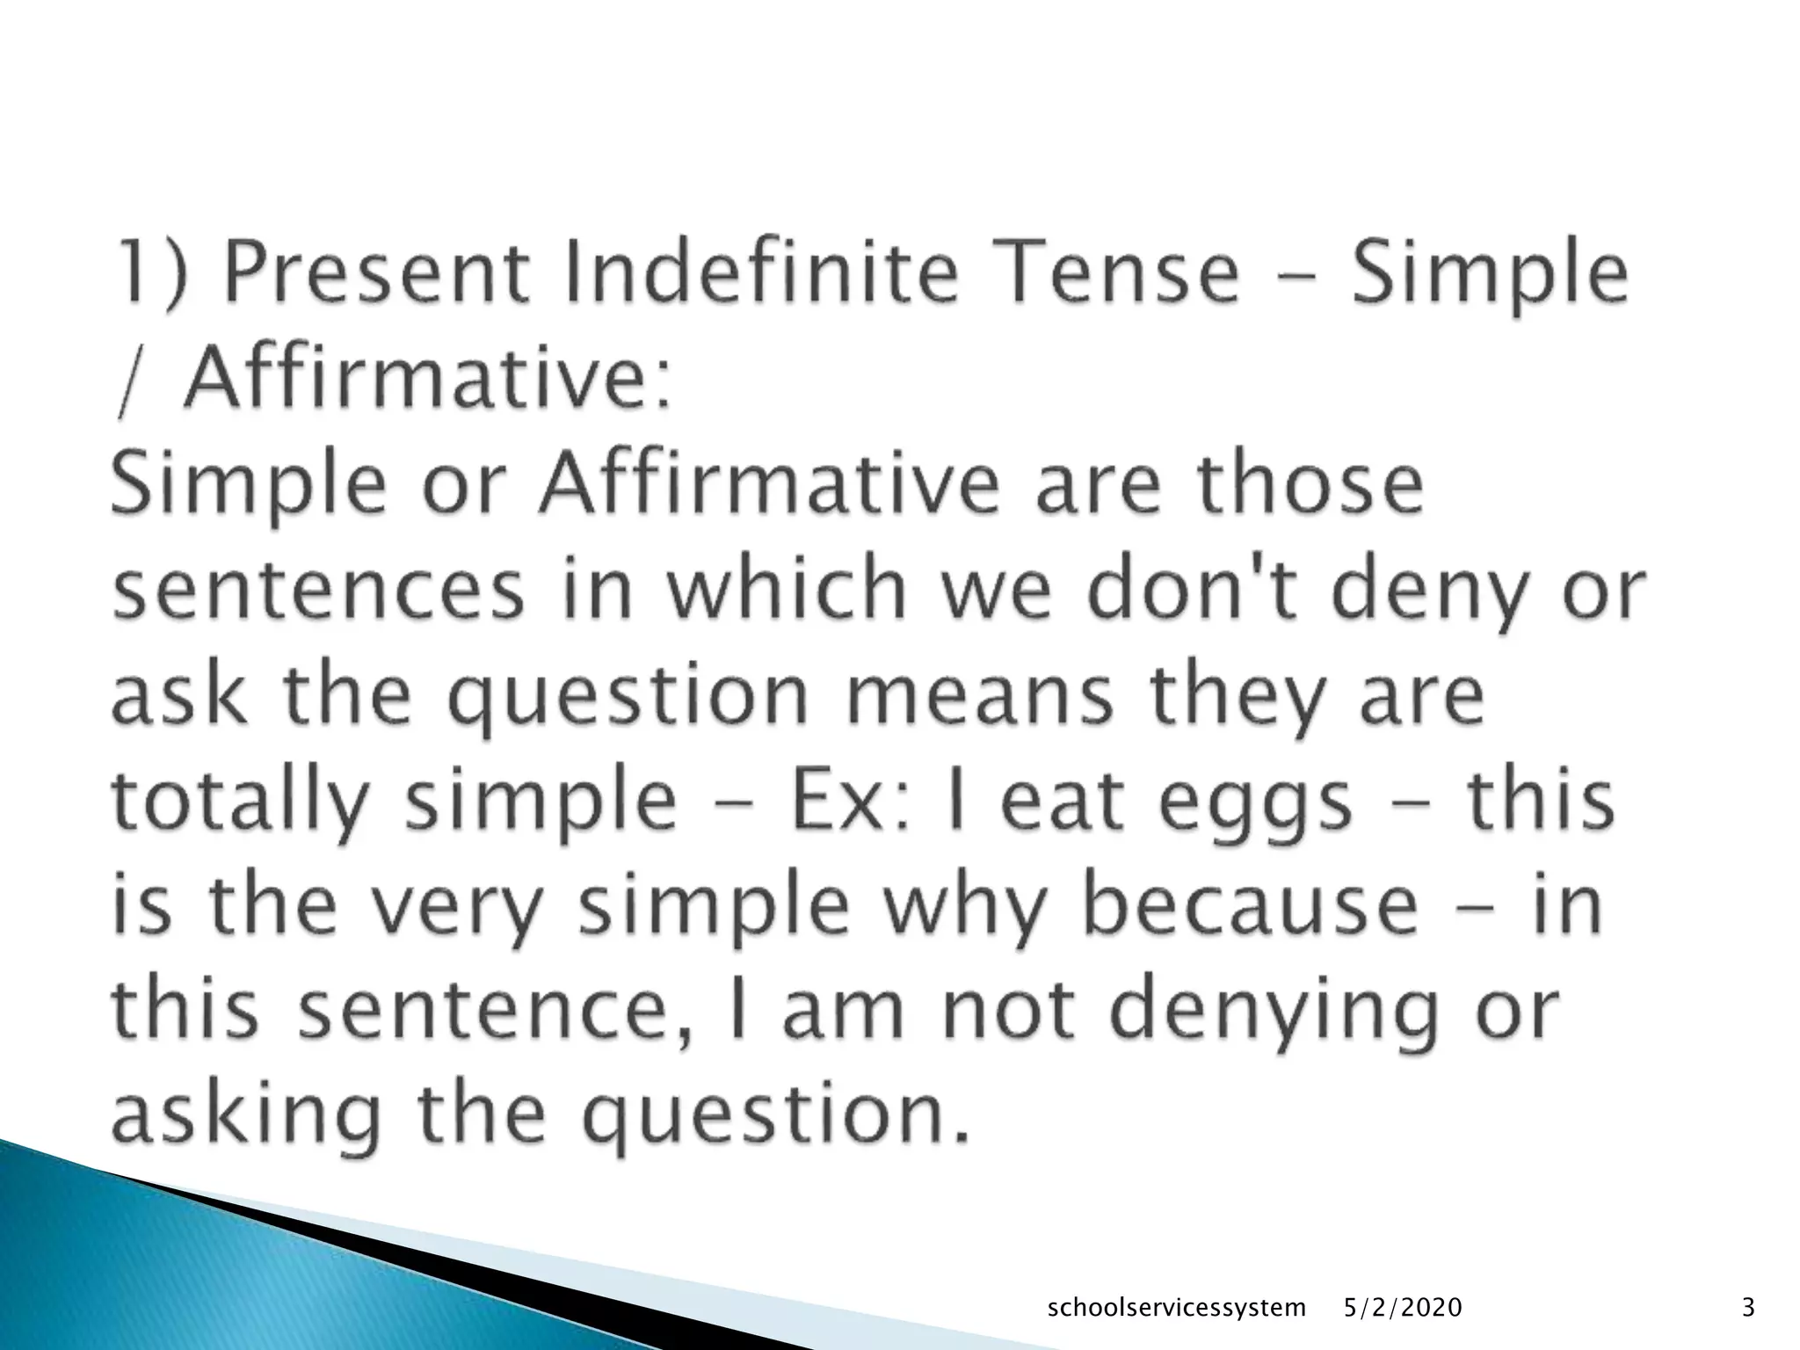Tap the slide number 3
1748,1309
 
